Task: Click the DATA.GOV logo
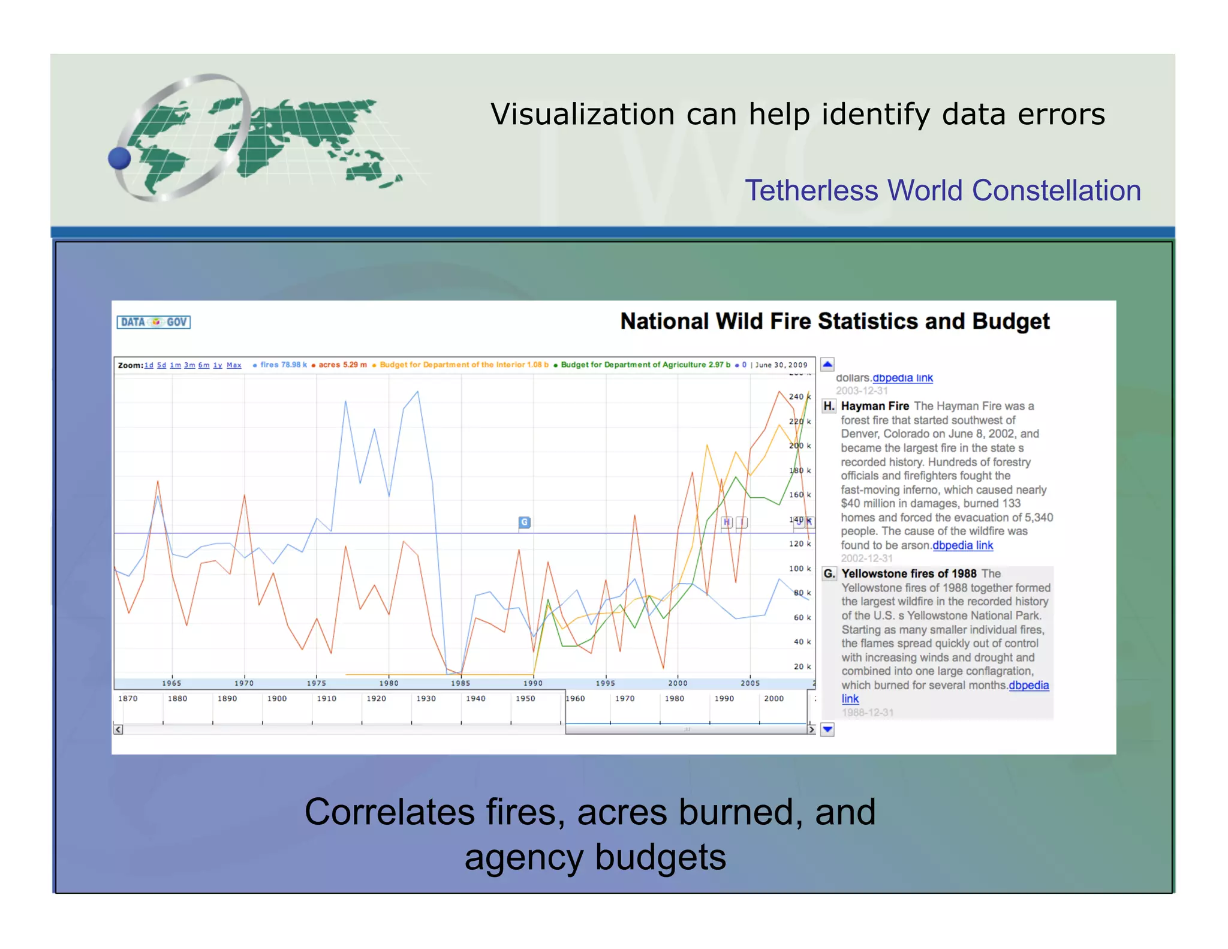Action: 153,322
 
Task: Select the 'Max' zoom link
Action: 234,365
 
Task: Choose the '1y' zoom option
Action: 218,365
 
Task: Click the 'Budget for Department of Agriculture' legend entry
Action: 645,365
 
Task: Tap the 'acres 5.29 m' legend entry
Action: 342,365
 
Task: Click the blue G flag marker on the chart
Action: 524,522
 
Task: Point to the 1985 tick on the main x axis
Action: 460,683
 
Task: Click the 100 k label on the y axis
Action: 800,569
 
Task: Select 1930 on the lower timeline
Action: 426,699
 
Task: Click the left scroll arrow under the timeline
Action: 119,729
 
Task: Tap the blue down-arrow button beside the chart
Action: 827,729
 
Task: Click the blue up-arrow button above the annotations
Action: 827,364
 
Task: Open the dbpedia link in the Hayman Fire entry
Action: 962,545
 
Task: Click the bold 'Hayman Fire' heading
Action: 875,406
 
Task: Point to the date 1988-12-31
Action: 867,713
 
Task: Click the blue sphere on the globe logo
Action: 120,158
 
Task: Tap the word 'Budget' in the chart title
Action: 1010,322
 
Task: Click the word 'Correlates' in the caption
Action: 390,812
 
